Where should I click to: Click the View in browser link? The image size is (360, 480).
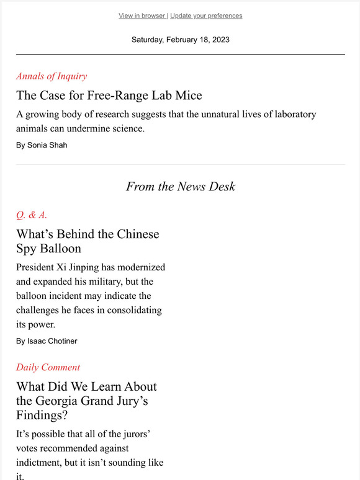[x=142, y=16]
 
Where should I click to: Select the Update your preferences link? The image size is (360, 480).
[x=206, y=16]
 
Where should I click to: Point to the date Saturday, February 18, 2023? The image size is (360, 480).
[x=180, y=40]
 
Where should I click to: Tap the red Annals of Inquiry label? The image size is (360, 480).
[x=52, y=76]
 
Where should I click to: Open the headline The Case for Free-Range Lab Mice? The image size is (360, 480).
[x=109, y=96]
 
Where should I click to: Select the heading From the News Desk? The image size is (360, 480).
[x=180, y=186]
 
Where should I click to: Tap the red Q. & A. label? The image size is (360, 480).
[x=32, y=215]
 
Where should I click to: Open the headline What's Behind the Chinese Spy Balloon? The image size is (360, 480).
[x=88, y=241]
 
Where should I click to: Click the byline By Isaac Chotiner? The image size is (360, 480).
[x=47, y=341]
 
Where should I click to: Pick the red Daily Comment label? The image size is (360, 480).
[x=48, y=367]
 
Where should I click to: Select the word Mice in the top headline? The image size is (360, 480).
[x=188, y=96]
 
